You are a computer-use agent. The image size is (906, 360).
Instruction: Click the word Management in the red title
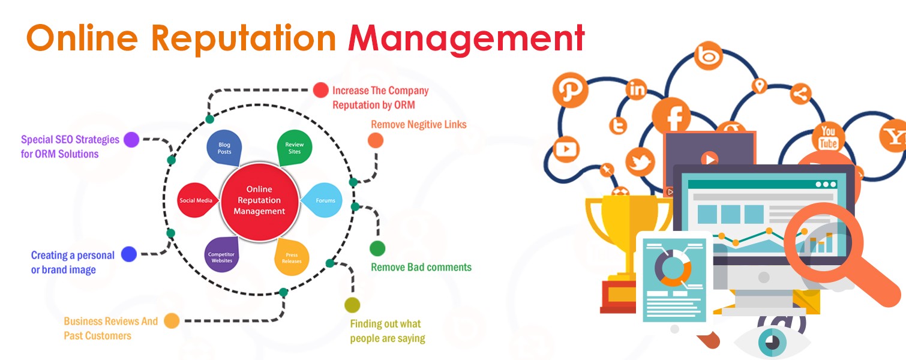466,39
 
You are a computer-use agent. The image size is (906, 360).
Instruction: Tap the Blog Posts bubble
224,148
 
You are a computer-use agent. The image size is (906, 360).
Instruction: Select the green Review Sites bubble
295,148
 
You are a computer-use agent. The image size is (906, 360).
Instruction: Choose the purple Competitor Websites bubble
221,255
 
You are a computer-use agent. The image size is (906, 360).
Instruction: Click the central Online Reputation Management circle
259,200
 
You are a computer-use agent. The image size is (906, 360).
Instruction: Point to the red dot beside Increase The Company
321,90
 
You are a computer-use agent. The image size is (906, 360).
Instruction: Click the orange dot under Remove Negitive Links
376,140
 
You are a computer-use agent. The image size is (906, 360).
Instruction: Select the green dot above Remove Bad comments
377,248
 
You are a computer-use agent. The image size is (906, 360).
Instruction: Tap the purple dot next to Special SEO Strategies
131,140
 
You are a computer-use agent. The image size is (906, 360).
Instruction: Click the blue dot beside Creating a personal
129,254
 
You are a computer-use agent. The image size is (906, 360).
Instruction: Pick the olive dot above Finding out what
352,305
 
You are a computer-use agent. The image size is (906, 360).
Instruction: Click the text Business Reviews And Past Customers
111,328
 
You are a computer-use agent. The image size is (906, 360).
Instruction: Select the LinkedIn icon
636,89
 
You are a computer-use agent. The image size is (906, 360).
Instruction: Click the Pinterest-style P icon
570,90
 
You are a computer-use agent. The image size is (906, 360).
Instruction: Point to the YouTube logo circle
828,138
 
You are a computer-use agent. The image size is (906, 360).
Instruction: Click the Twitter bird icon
640,162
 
